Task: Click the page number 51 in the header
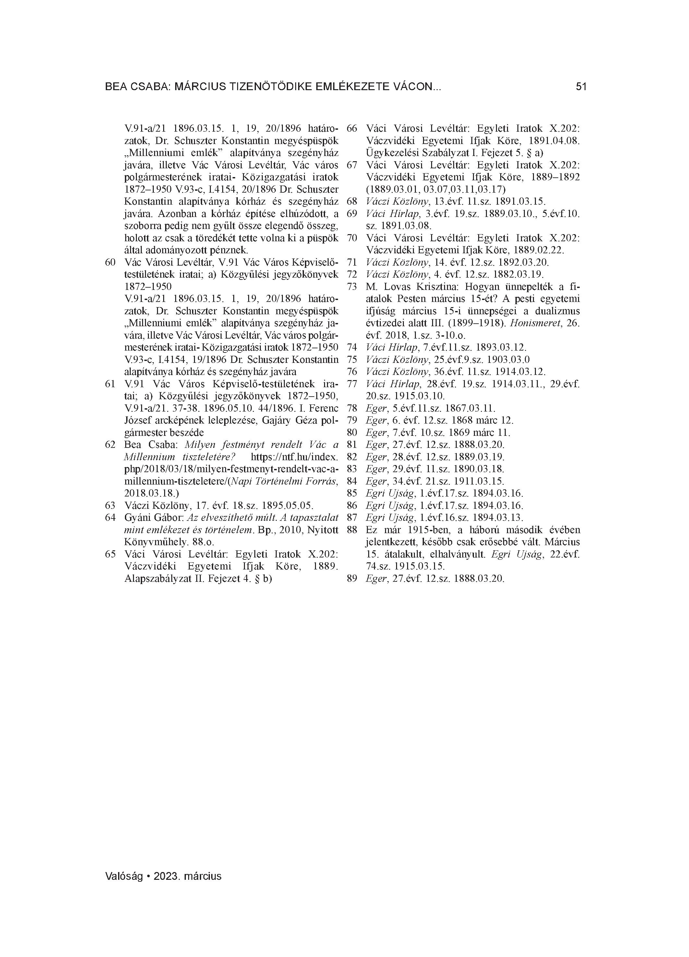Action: (581, 87)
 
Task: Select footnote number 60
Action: (110, 262)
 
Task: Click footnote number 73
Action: (352, 287)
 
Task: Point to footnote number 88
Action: (352, 530)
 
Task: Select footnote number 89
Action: (352, 579)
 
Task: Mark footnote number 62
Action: (110, 444)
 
